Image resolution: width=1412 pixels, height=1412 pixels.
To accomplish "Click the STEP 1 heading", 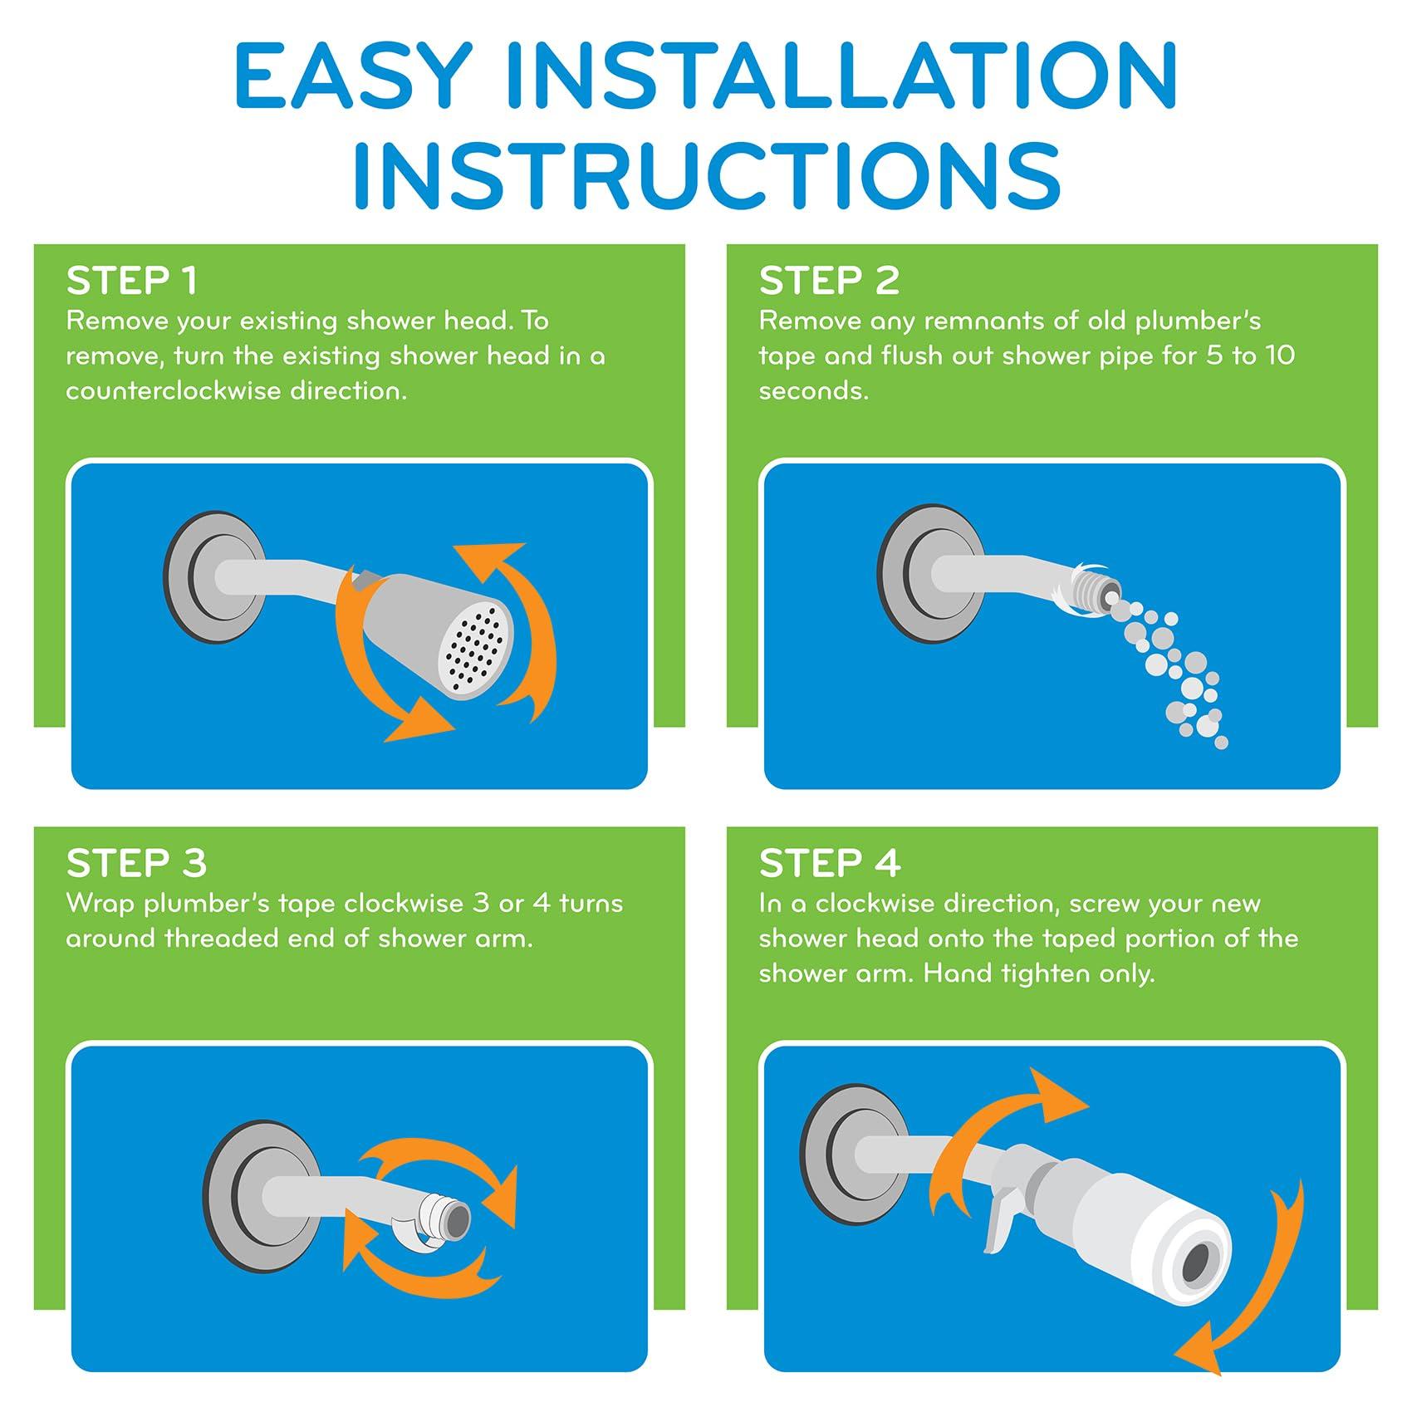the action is pyautogui.click(x=132, y=281).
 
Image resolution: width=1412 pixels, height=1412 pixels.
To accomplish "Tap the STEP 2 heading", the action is pyautogui.click(x=829, y=281).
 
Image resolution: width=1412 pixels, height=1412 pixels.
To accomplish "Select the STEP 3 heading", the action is pyautogui.click(x=136, y=864).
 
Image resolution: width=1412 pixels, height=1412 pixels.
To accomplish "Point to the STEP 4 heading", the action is pyautogui.click(x=830, y=864).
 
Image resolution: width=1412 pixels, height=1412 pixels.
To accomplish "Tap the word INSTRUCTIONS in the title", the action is pyautogui.click(x=707, y=174).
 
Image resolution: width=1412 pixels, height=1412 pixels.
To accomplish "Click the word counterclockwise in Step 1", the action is pyautogui.click(x=172, y=391).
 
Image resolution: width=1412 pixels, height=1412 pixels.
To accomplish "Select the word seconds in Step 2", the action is pyautogui.click(x=813, y=391).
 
